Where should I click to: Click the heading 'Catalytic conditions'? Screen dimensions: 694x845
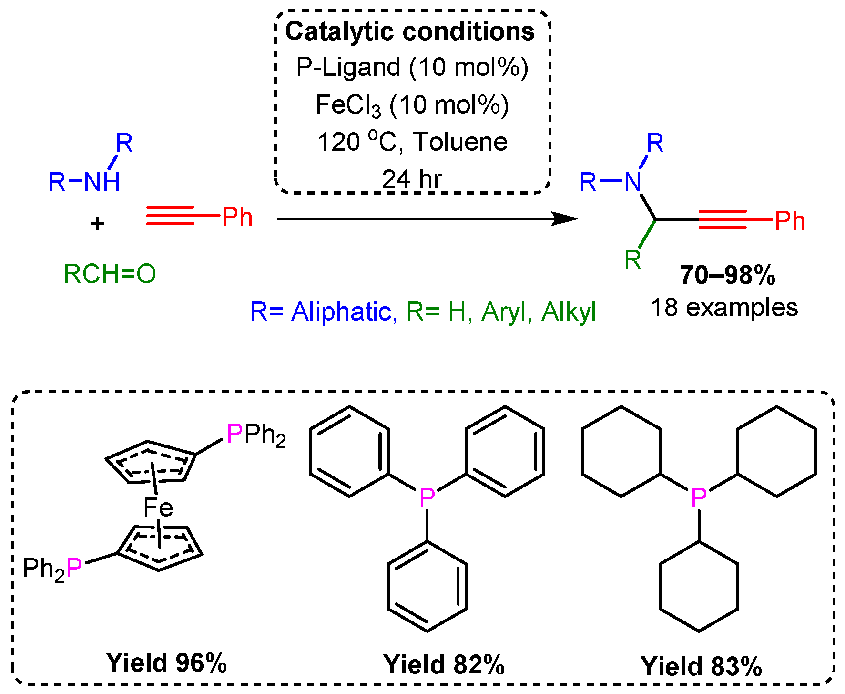[x=410, y=31]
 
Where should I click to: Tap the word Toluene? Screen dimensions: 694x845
[x=460, y=142]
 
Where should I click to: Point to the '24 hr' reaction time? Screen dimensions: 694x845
[x=412, y=179]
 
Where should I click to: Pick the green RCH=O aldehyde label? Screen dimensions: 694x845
[x=110, y=274]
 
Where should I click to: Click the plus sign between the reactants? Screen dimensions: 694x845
[x=97, y=223]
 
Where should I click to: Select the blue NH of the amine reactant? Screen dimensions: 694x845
[x=102, y=182]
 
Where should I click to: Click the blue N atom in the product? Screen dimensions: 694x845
[x=633, y=182]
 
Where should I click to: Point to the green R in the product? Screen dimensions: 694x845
[x=633, y=260]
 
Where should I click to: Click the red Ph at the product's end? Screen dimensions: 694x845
[x=790, y=221]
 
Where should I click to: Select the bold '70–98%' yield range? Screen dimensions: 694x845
[x=727, y=275]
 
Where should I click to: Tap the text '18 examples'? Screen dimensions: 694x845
[x=724, y=308]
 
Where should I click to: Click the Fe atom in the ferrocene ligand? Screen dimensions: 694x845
[x=158, y=508]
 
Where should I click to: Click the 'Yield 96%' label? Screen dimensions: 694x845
[x=166, y=663]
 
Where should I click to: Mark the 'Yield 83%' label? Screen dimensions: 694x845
[x=701, y=666]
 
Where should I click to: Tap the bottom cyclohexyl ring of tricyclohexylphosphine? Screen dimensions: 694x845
[x=699, y=586]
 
